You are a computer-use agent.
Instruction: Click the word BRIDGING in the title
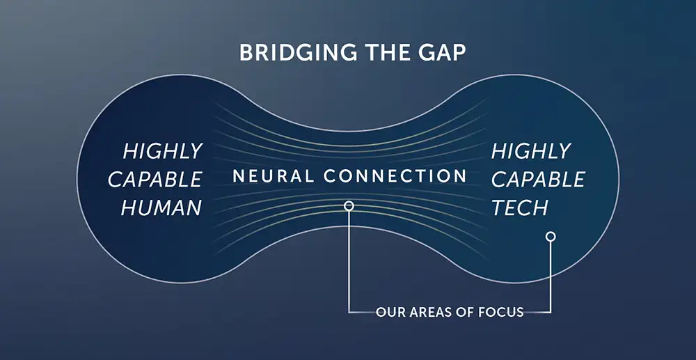pos(298,53)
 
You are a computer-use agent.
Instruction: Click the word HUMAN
pos(161,208)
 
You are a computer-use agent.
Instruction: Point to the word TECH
pos(519,208)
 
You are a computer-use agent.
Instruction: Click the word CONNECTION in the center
pos(395,176)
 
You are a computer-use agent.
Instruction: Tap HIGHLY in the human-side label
pos(163,151)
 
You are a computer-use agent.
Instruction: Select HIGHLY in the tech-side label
pos(531,151)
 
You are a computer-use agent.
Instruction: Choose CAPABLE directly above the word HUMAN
pos(155,180)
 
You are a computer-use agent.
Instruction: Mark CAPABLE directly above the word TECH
pos(538,180)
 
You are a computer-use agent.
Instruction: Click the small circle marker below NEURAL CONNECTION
pos(349,205)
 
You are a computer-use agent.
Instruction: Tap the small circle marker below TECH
pos(551,237)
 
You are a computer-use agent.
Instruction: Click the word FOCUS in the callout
pos(501,312)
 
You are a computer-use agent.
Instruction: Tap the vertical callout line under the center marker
pos(349,261)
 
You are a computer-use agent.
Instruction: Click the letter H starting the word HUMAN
pos(128,208)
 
